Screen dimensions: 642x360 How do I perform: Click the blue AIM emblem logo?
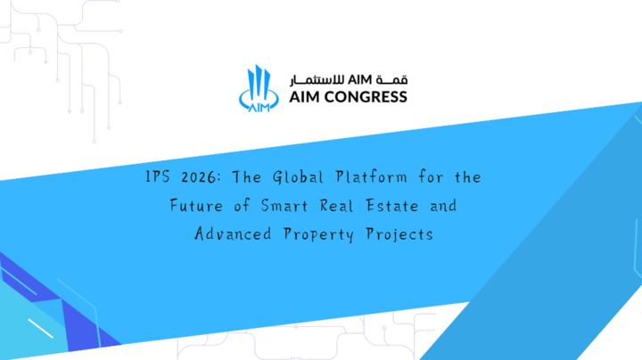tap(259, 88)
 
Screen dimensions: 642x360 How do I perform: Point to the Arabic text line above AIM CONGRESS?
tap(349, 80)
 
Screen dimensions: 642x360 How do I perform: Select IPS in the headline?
tap(158, 176)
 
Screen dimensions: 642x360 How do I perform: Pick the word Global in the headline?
tap(298, 177)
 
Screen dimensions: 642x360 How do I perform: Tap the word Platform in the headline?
tap(371, 176)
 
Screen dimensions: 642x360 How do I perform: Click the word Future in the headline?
tap(196, 205)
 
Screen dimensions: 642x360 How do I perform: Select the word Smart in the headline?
tap(284, 205)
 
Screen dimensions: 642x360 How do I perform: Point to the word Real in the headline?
tap(336, 205)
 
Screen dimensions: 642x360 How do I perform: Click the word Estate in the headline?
tap(392, 205)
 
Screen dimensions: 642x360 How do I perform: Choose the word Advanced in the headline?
tap(233, 233)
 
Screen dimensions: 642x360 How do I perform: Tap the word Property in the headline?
tap(318, 234)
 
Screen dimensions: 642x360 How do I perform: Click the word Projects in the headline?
tap(399, 234)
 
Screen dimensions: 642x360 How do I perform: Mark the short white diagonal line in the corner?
tap(40, 329)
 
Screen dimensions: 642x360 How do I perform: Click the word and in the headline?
tap(443, 205)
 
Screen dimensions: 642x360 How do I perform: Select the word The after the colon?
tap(246, 177)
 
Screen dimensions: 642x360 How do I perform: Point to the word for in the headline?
tap(431, 176)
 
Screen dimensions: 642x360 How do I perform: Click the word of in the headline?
tap(242, 205)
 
